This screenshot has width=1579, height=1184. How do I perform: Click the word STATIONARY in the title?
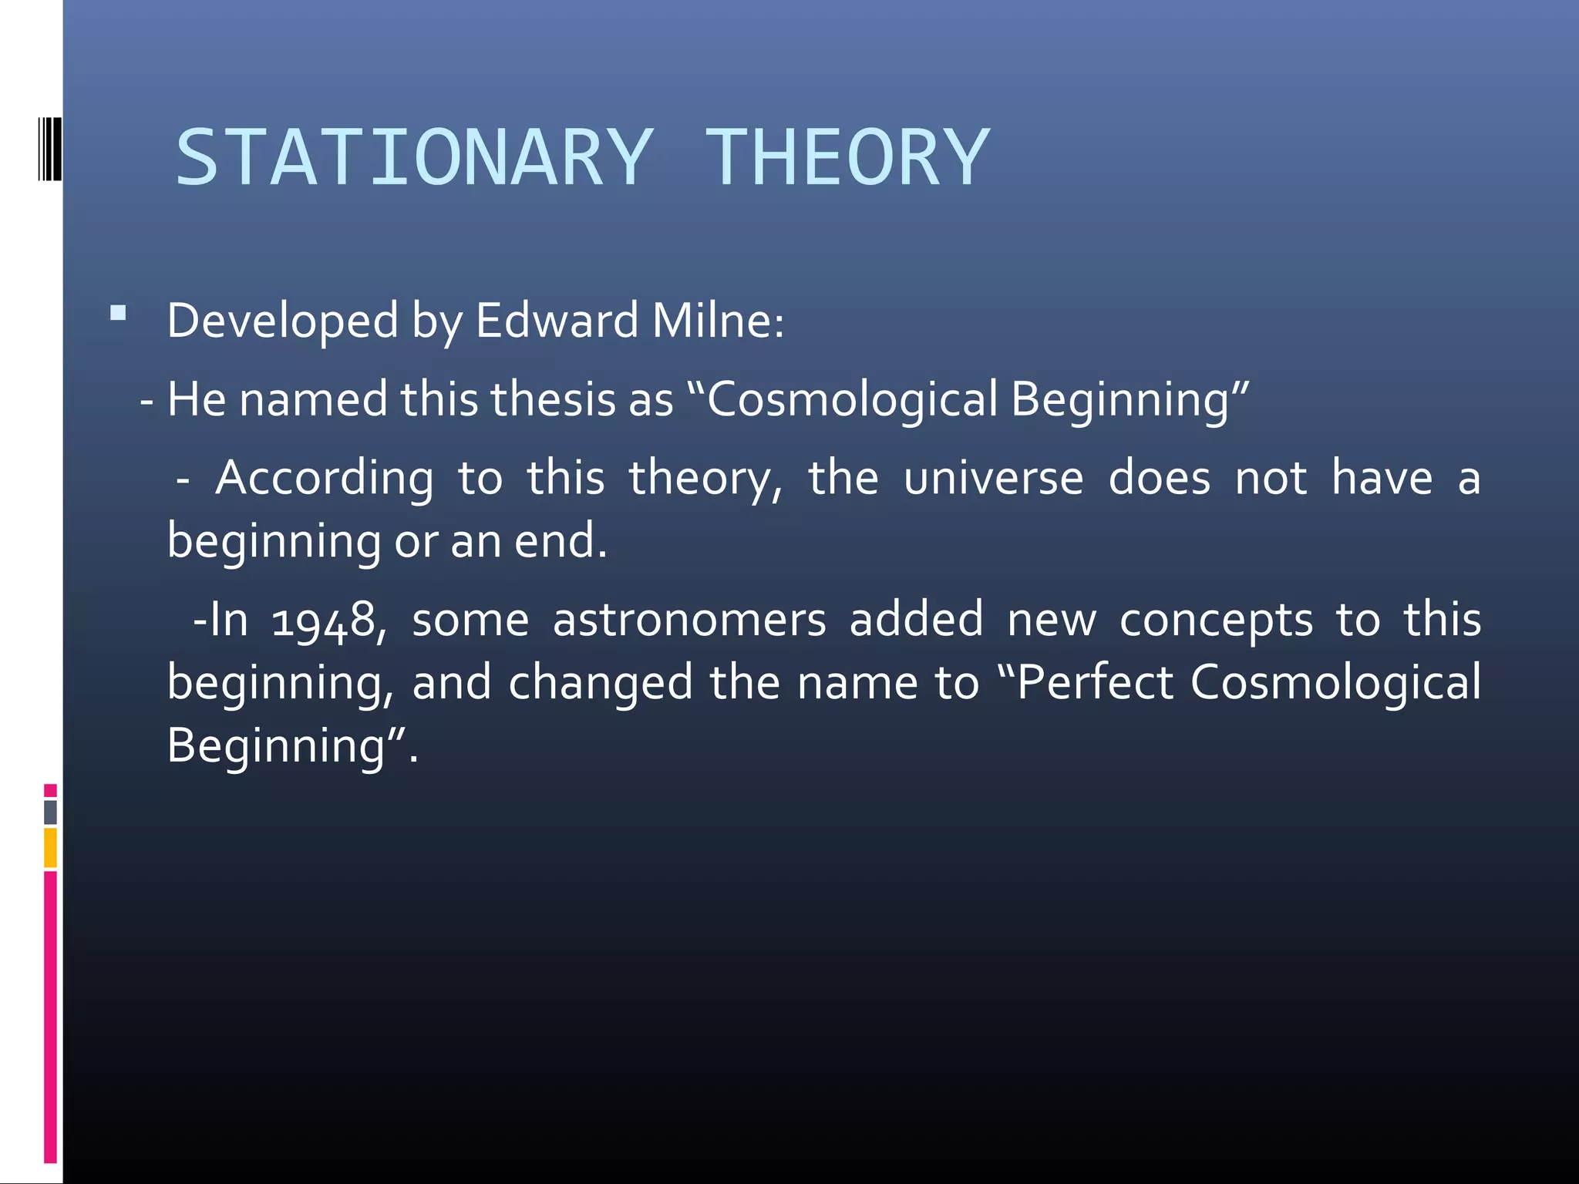415,158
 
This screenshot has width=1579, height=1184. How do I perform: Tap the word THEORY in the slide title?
847,158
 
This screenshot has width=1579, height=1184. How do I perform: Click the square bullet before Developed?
118,313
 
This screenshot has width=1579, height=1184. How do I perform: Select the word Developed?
282,321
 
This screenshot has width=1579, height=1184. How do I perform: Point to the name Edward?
557,321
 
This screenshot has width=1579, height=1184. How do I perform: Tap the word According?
324,479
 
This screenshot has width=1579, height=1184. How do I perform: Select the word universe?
993,479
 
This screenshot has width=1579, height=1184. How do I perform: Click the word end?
560,541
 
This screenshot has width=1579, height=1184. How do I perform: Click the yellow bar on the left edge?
50,848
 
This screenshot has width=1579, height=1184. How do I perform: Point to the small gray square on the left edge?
50,812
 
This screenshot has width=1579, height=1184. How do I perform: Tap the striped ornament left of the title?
49,149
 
